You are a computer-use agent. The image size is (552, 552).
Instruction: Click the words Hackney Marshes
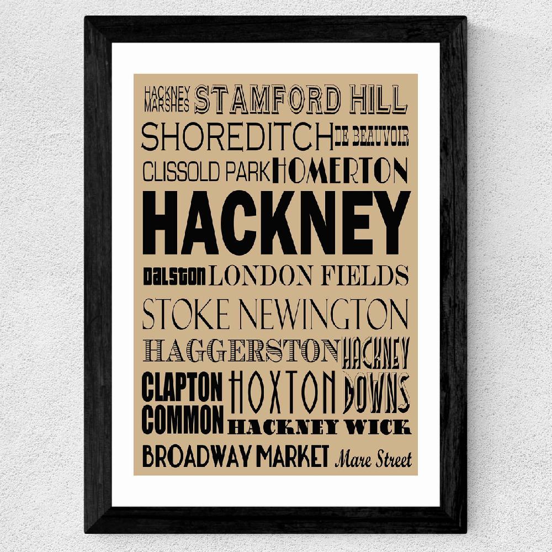167,97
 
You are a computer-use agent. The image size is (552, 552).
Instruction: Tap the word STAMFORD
267,99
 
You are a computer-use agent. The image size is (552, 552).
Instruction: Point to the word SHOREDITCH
237,137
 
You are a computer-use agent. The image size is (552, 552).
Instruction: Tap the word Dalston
174,274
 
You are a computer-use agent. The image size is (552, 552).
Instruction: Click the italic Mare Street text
373,459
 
